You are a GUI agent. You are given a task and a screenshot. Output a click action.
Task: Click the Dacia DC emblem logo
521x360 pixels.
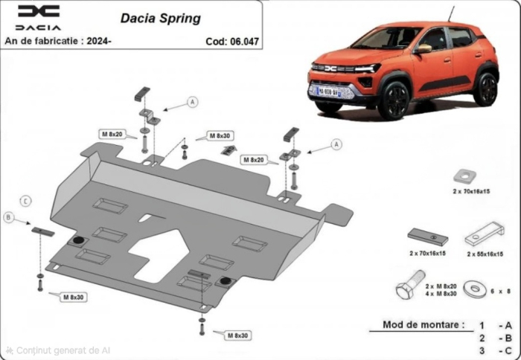[39, 11]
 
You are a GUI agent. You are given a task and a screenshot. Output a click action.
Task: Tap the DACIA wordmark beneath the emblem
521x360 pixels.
[39, 28]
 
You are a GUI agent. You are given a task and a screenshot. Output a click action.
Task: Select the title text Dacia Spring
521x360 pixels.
[160, 18]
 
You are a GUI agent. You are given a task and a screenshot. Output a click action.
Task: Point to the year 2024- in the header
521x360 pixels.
[99, 41]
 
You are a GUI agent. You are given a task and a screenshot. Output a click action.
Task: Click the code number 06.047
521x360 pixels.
[243, 41]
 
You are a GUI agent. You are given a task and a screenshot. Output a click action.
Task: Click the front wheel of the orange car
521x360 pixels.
[393, 100]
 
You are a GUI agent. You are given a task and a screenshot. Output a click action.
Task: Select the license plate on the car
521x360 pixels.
[329, 91]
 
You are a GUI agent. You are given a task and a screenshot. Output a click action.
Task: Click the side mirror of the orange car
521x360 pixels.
[423, 48]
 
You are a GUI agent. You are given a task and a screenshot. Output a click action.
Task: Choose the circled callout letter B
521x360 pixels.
[8, 218]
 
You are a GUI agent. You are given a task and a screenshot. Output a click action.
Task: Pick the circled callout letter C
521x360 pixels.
[25, 201]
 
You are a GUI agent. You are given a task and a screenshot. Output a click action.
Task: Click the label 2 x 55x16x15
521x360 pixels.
[488, 254]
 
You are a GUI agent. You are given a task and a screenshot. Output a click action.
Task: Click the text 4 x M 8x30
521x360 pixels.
[441, 295]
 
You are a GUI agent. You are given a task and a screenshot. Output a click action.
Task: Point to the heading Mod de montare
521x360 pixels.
[423, 325]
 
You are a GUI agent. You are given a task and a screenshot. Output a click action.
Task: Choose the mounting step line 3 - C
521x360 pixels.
[494, 350]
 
